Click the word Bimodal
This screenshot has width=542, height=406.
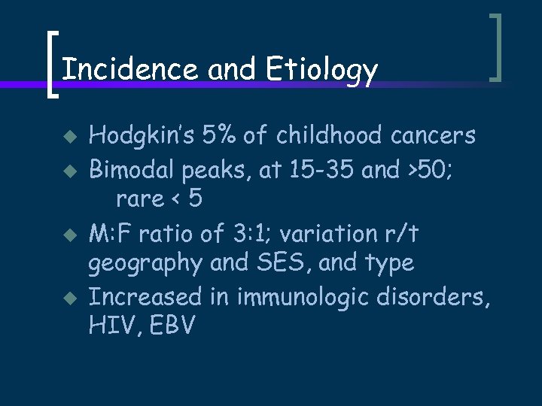point(131,169)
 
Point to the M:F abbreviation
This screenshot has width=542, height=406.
point(110,234)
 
